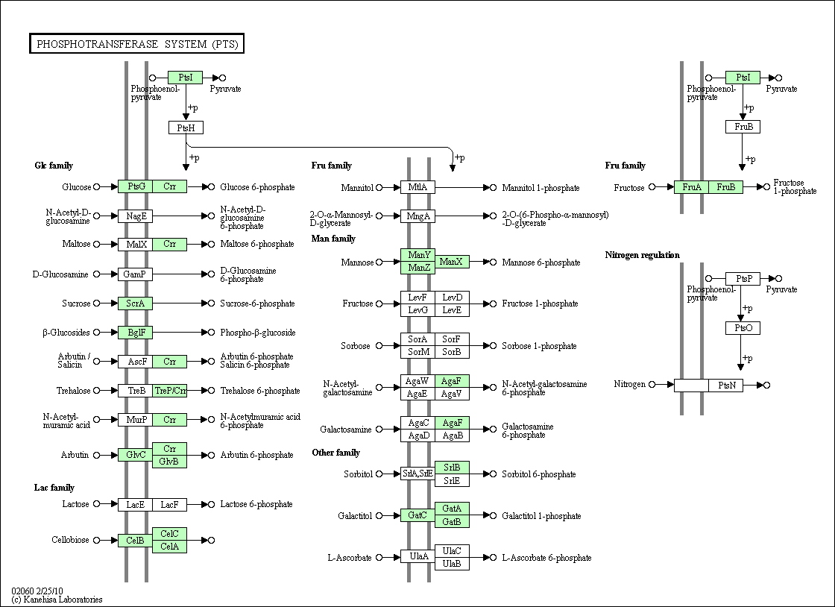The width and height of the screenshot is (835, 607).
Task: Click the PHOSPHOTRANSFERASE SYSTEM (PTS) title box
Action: click(137, 44)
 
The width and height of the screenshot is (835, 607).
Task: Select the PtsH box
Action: click(186, 128)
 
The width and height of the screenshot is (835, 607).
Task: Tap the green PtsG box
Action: click(135, 186)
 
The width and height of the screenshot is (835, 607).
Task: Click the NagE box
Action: click(135, 216)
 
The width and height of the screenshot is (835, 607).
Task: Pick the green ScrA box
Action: click(135, 303)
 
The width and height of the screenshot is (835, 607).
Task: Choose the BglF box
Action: click(135, 333)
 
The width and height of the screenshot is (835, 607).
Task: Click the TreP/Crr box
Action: click(170, 391)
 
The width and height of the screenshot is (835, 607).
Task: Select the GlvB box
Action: click(170, 462)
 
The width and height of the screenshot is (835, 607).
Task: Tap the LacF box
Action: click(170, 504)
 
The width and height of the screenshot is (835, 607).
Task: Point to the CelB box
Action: click(135, 541)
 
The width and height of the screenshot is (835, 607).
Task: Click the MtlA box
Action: click(418, 187)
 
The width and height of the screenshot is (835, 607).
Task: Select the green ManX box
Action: click(452, 262)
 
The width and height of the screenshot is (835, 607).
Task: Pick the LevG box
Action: click(418, 310)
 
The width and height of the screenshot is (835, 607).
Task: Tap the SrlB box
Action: click(452, 468)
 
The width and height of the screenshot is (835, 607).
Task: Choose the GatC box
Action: click(418, 515)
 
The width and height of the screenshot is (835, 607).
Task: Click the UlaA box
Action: click(418, 556)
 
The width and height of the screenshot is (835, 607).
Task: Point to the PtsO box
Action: click(743, 328)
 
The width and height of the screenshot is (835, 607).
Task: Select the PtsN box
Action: click(726, 385)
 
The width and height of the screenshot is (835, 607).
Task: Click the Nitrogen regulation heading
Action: click(642, 255)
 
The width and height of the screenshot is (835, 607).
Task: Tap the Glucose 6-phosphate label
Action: click(257, 187)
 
